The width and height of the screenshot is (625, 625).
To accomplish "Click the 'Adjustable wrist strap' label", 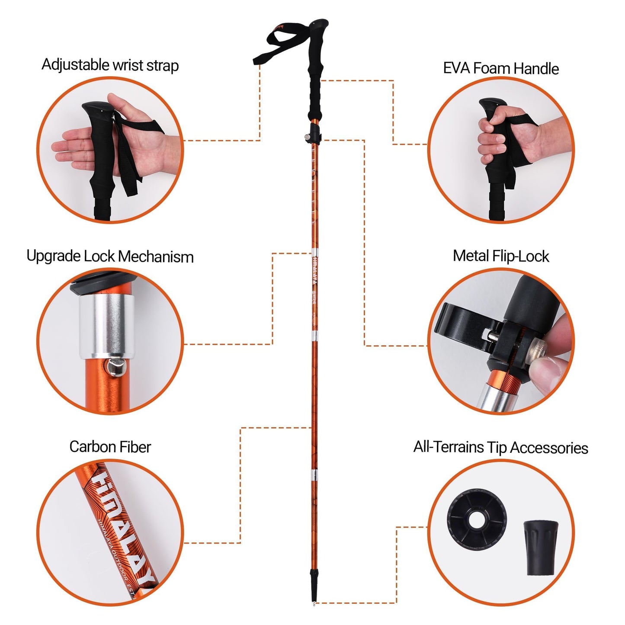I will coord(110,65).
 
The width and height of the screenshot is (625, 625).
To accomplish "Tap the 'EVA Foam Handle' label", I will coord(501,68).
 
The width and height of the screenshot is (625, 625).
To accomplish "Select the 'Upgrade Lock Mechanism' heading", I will coord(110,256).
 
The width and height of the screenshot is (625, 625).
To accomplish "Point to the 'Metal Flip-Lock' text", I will coord(501,256).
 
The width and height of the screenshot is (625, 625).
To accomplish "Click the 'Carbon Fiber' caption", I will coord(110,447).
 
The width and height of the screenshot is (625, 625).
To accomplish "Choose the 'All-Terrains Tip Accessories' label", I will coord(501,447).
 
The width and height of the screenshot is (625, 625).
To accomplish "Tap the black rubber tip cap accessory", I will coord(541,548).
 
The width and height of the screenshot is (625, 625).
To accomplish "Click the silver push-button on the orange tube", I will coord(115,367).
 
